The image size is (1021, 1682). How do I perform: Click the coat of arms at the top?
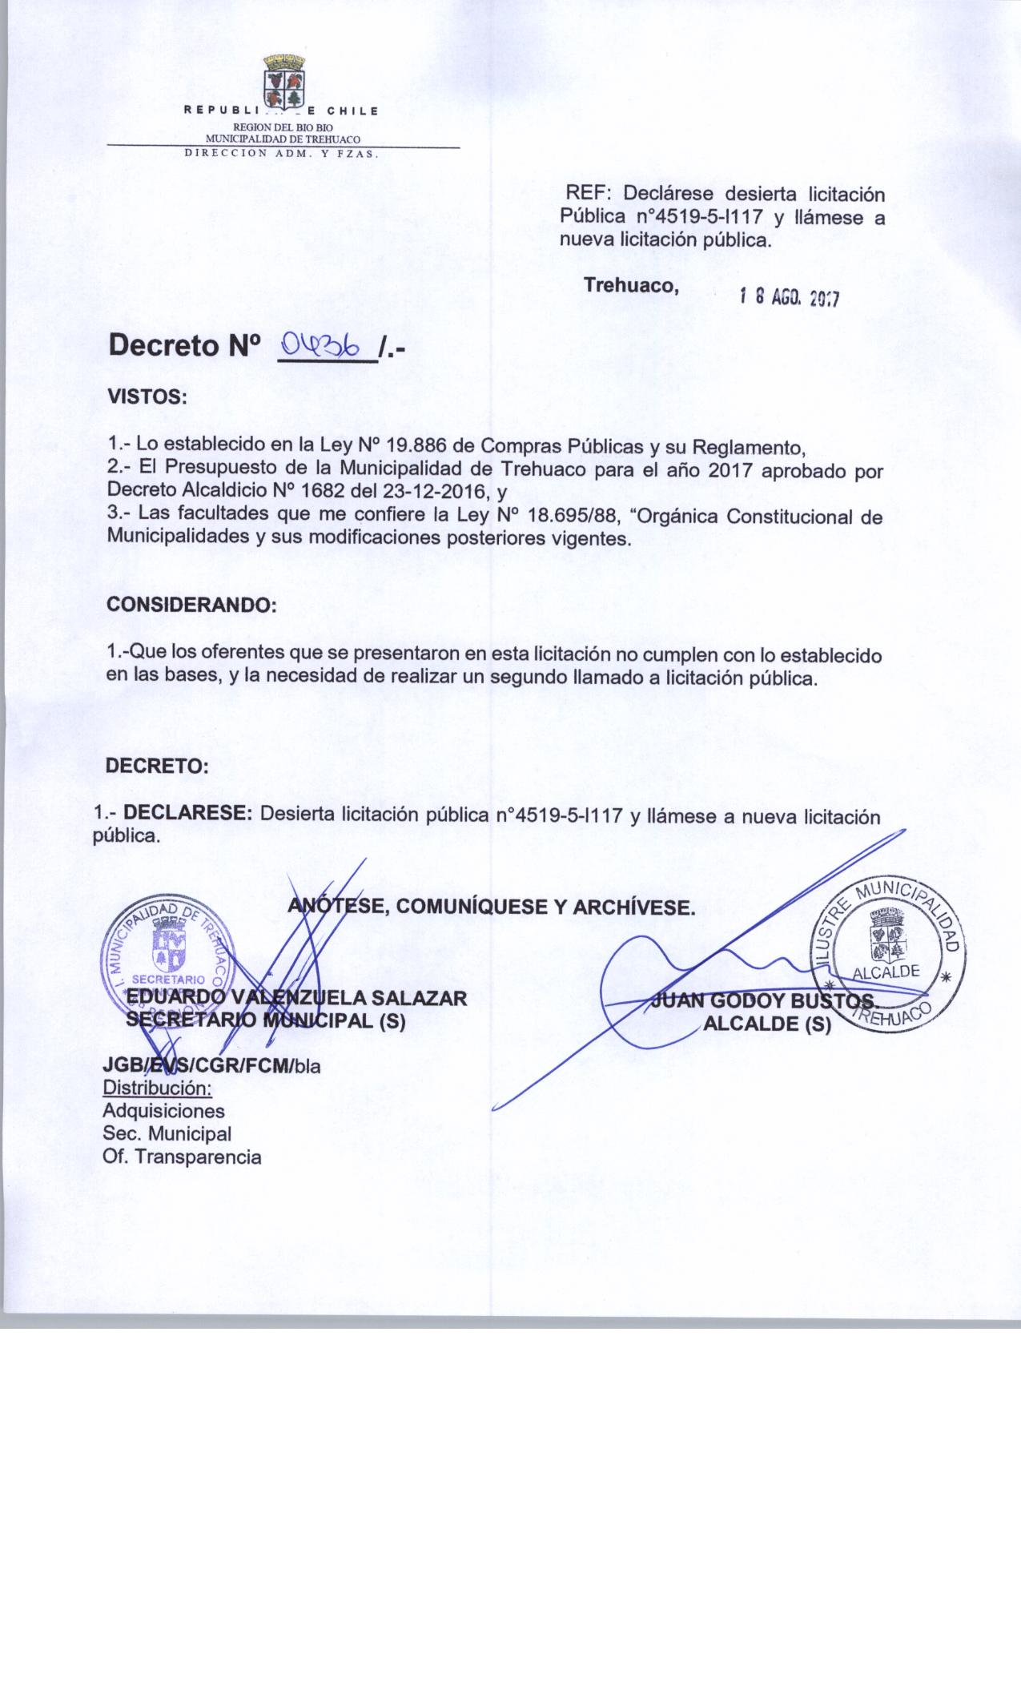coord(284,81)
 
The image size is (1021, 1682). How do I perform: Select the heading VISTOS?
coord(147,397)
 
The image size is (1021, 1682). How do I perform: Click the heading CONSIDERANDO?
coord(191,606)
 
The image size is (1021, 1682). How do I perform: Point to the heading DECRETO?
coord(157,766)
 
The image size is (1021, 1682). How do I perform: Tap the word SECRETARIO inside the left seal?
coord(168,979)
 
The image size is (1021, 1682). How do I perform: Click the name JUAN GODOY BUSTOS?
coord(764,1001)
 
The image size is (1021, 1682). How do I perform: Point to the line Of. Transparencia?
coord(182,1157)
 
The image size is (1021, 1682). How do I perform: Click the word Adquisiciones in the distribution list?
coord(163,1111)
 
